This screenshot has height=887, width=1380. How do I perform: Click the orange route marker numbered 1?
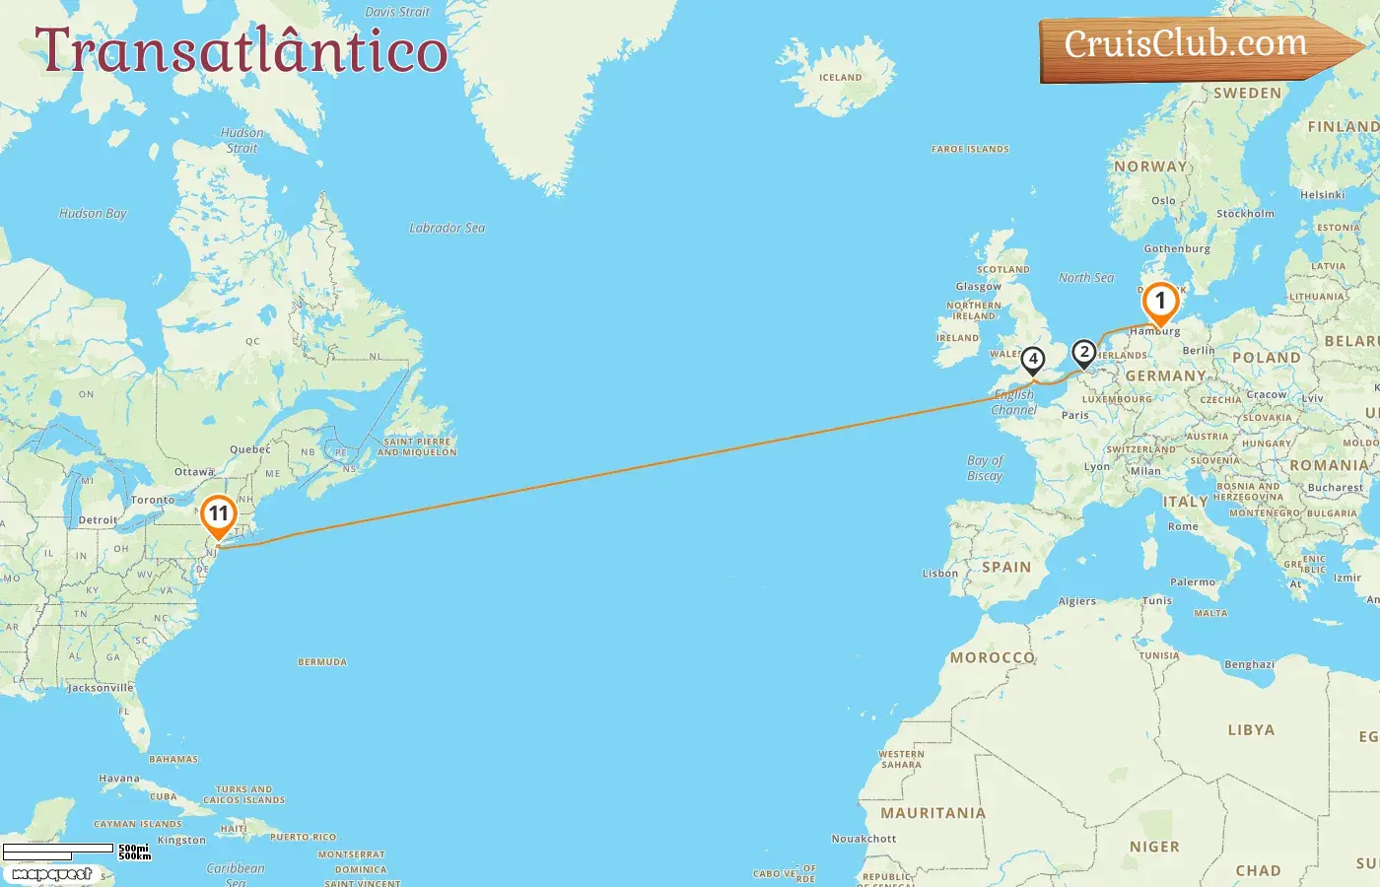(1160, 302)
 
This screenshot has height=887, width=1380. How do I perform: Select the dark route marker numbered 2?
(1083, 352)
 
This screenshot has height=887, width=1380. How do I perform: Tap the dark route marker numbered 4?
(1032, 360)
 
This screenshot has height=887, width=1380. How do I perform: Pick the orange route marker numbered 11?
(218, 514)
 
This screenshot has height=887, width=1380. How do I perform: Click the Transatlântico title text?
(241, 50)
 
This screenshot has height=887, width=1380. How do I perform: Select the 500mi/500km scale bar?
(59, 849)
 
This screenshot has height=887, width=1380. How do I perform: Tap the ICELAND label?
(840, 77)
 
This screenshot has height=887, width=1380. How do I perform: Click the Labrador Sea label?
(447, 228)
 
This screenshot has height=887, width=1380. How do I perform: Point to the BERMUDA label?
(322, 662)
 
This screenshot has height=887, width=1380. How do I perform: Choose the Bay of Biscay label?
(985, 468)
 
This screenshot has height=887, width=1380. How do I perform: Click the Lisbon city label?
(939, 574)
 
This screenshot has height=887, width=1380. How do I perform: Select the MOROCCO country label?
(993, 657)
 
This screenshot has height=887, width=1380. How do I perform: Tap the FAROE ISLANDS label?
(970, 150)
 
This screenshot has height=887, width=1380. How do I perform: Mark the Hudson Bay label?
(93, 213)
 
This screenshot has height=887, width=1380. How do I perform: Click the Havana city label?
(119, 779)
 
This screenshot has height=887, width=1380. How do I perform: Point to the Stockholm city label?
(1245, 214)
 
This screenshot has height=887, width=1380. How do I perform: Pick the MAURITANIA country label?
(932, 813)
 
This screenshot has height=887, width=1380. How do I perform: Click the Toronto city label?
(152, 500)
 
